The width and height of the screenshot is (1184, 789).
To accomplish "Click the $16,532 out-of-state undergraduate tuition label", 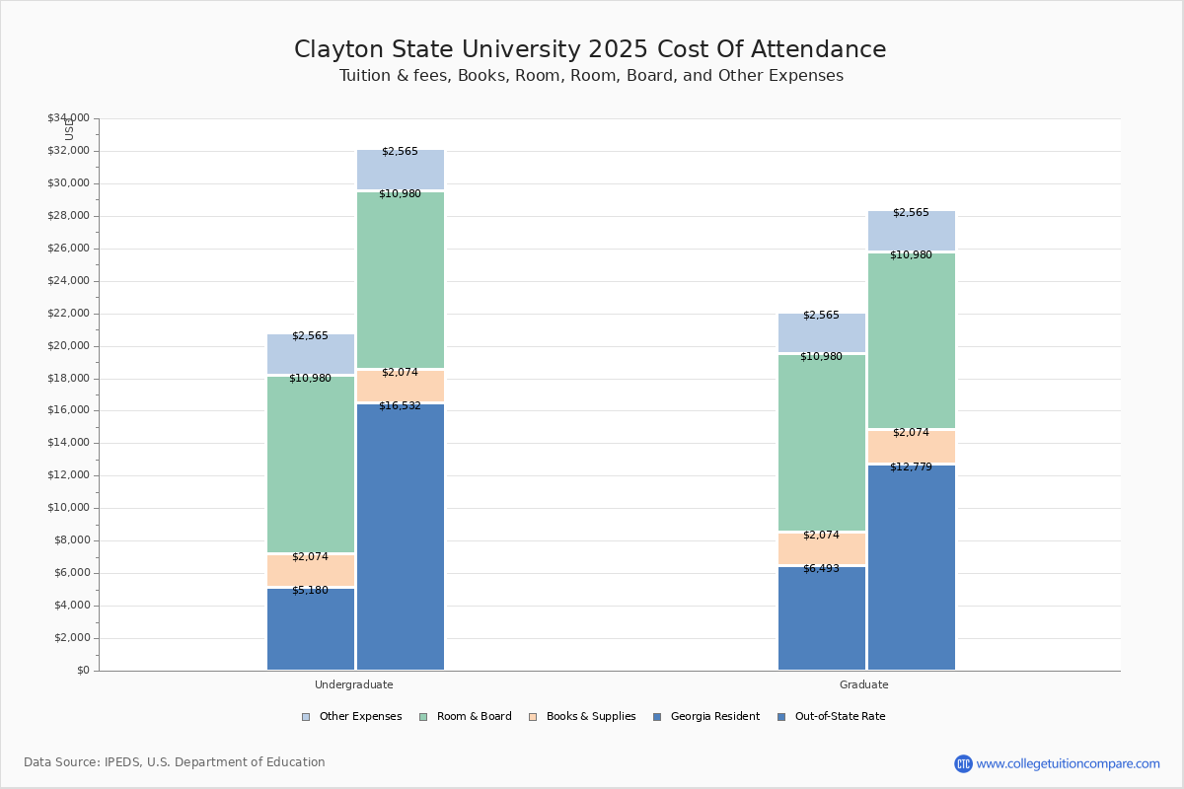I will pyautogui.click(x=400, y=405).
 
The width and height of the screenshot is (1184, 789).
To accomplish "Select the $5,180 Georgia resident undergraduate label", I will pyautogui.click(x=310, y=590).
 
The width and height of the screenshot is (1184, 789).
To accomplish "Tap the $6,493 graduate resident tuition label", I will pyautogui.click(x=821, y=568).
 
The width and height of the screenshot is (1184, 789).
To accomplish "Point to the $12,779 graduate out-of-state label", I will pyautogui.click(x=911, y=466).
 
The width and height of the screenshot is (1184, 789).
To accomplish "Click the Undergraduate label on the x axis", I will pyautogui.click(x=354, y=684).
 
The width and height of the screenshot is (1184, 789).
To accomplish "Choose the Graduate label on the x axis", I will pyautogui.click(x=864, y=684).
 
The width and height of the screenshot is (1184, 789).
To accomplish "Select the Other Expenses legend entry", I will pyautogui.click(x=352, y=717).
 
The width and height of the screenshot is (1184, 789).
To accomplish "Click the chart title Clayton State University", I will pyautogui.click(x=590, y=50).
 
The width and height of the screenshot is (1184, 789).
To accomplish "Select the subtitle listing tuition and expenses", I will pyautogui.click(x=590, y=76).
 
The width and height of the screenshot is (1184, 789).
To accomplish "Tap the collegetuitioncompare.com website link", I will pyautogui.click(x=1068, y=763).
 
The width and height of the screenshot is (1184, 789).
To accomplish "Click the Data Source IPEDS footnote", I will pyautogui.click(x=175, y=762).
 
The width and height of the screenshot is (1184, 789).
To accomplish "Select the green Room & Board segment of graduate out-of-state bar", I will pyautogui.click(x=912, y=340).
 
